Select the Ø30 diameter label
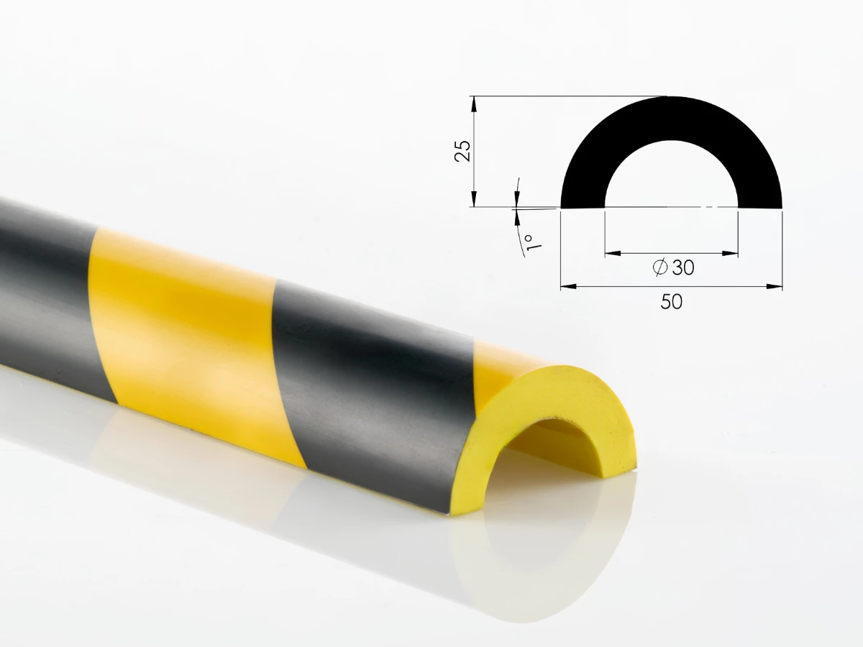click(x=673, y=267)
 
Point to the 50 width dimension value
click(x=671, y=302)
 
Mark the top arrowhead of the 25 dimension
click(x=474, y=103)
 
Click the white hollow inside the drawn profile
click(x=672, y=180)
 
